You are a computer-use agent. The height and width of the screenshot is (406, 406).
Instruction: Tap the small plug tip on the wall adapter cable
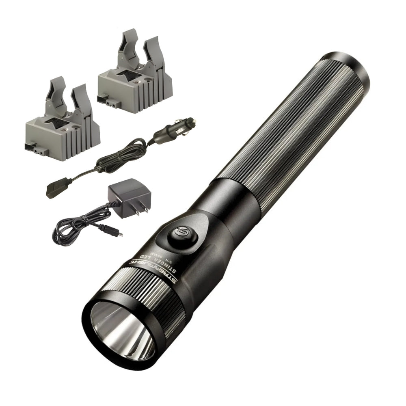click(x=118, y=234)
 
